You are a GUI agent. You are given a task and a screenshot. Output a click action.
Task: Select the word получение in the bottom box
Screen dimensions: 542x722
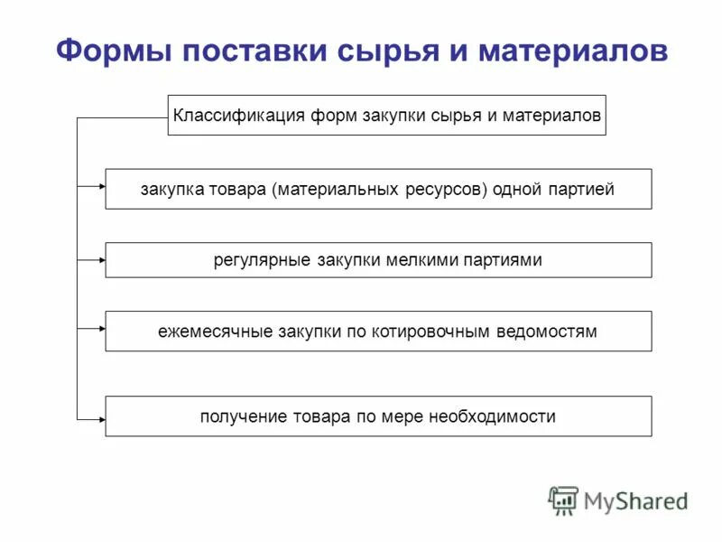(x=242, y=416)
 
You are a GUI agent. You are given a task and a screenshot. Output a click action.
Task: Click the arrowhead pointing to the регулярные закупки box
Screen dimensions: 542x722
(x=101, y=260)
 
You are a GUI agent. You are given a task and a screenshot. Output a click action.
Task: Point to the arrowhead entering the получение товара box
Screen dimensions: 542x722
(x=101, y=416)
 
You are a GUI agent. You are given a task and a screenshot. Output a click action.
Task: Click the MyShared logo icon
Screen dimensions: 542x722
(x=564, y=500)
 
